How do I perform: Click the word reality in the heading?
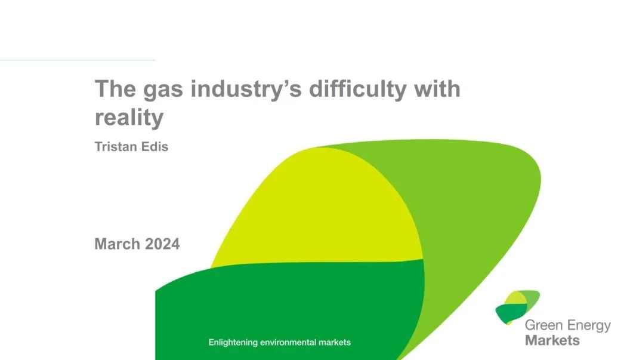(x=129, y=118)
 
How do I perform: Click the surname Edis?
(x=156, y=147)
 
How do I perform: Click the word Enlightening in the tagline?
(x=233, y=343)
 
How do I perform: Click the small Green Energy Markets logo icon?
(x=517, y=306)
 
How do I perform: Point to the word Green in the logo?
(x=542, y=326)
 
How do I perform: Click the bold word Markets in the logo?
(x=552, y=340)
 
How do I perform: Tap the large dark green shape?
(x=286, y=304)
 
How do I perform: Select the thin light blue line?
(x=78, y=60)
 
